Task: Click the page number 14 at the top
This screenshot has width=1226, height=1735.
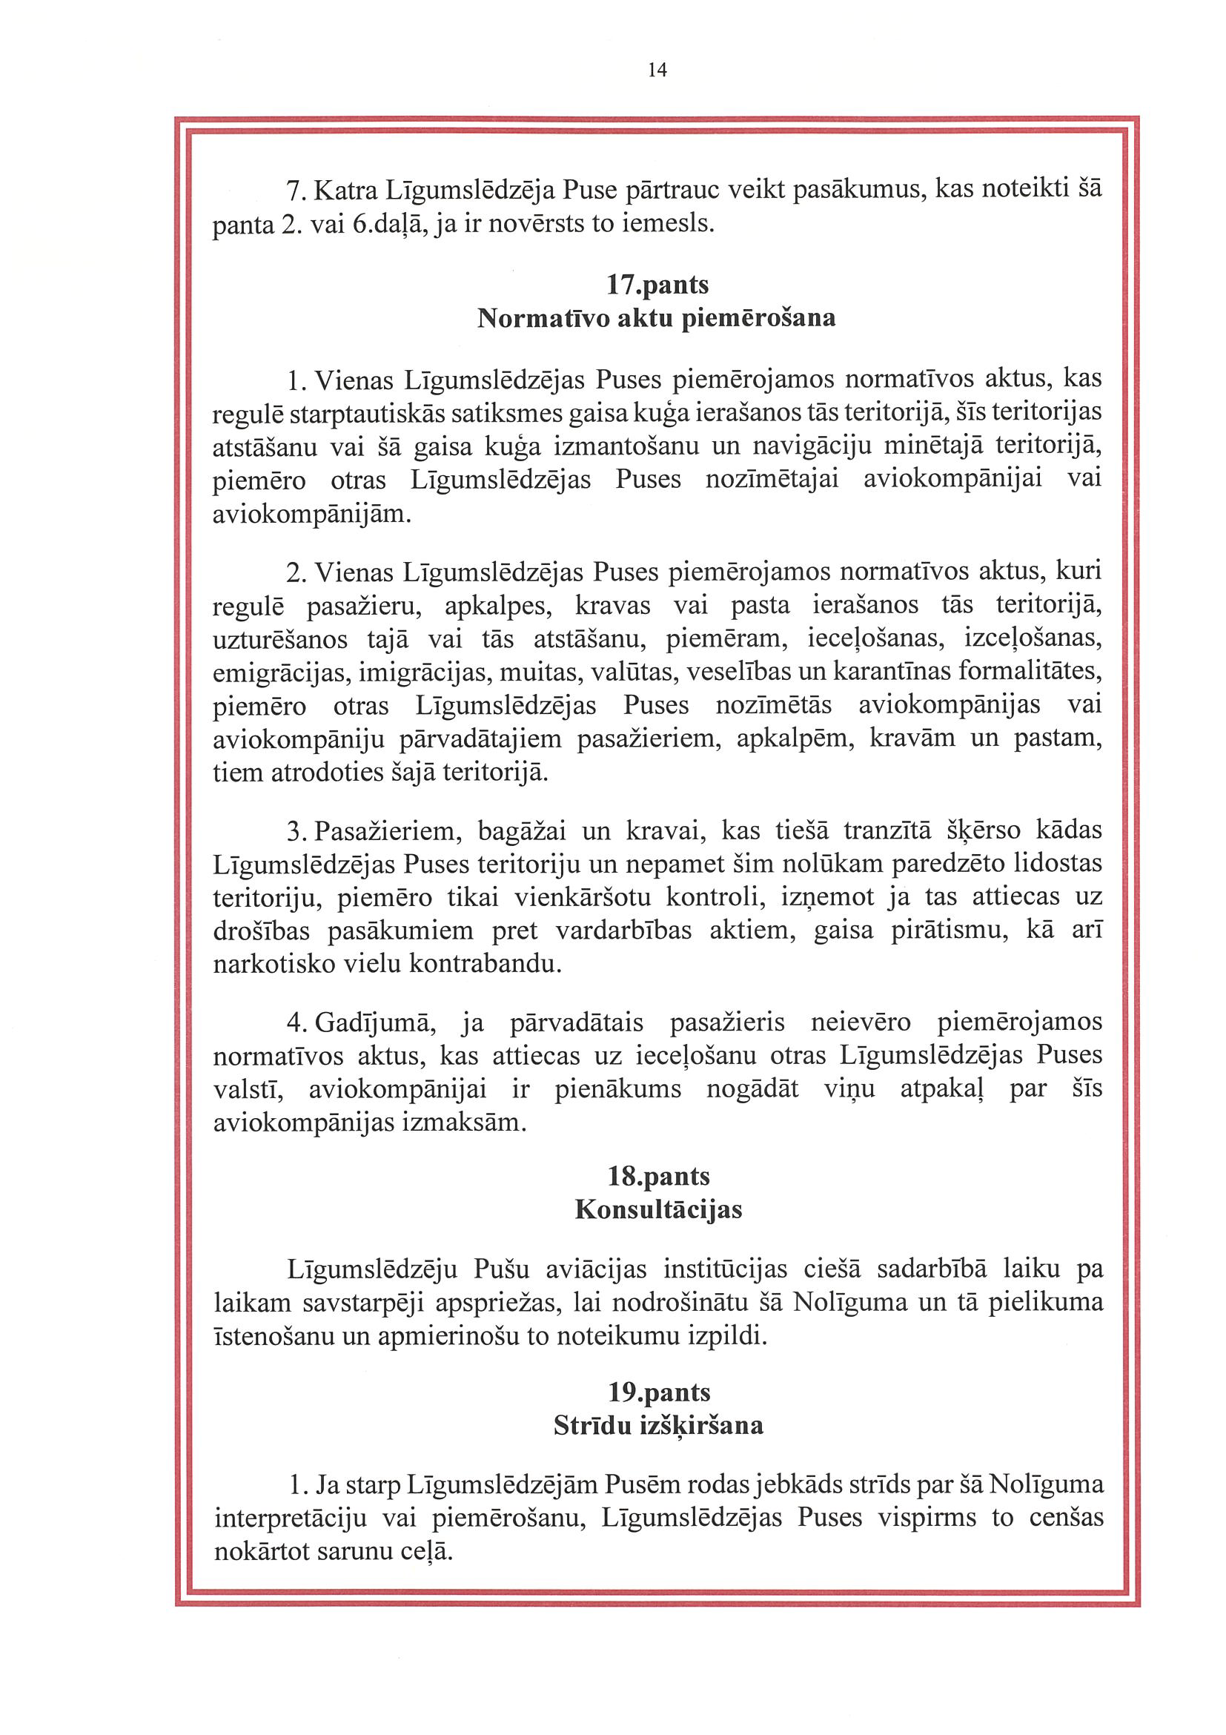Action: click(657, 70)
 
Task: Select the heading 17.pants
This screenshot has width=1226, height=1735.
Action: click(657, 285)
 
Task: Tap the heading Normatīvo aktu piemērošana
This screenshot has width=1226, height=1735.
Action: click(657, 318)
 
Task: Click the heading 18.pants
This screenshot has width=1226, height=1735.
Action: click(658, 1177)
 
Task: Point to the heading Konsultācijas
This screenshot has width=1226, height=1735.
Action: click(658, 1210)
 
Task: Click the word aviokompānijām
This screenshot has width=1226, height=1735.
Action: click(311, 515)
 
